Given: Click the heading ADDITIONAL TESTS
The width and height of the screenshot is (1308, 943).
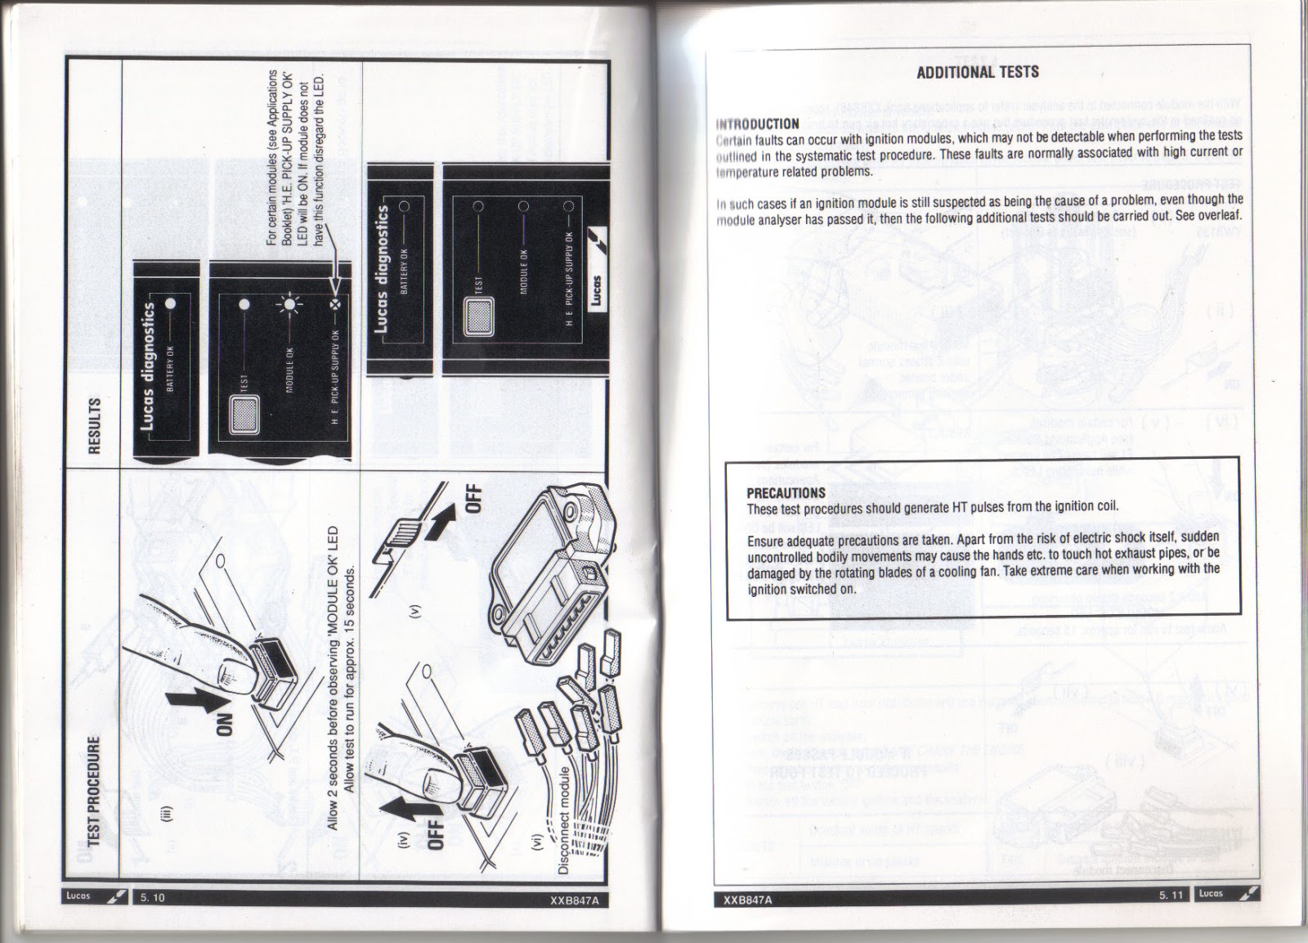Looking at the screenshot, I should [977, 72].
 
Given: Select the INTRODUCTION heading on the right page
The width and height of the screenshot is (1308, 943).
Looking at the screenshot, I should [757, 124].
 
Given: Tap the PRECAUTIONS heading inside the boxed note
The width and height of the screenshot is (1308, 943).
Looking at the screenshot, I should [786, 492].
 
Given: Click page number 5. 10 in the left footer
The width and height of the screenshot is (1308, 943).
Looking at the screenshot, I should [152, 897].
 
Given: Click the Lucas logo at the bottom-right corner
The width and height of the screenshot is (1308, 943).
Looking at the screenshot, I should [1226, 893].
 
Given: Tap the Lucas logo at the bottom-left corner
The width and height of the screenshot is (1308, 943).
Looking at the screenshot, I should [95, 896].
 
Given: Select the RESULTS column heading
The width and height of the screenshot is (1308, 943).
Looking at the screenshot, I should [95, 424].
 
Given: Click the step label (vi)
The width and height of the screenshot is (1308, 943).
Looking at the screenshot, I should [535, 848].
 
